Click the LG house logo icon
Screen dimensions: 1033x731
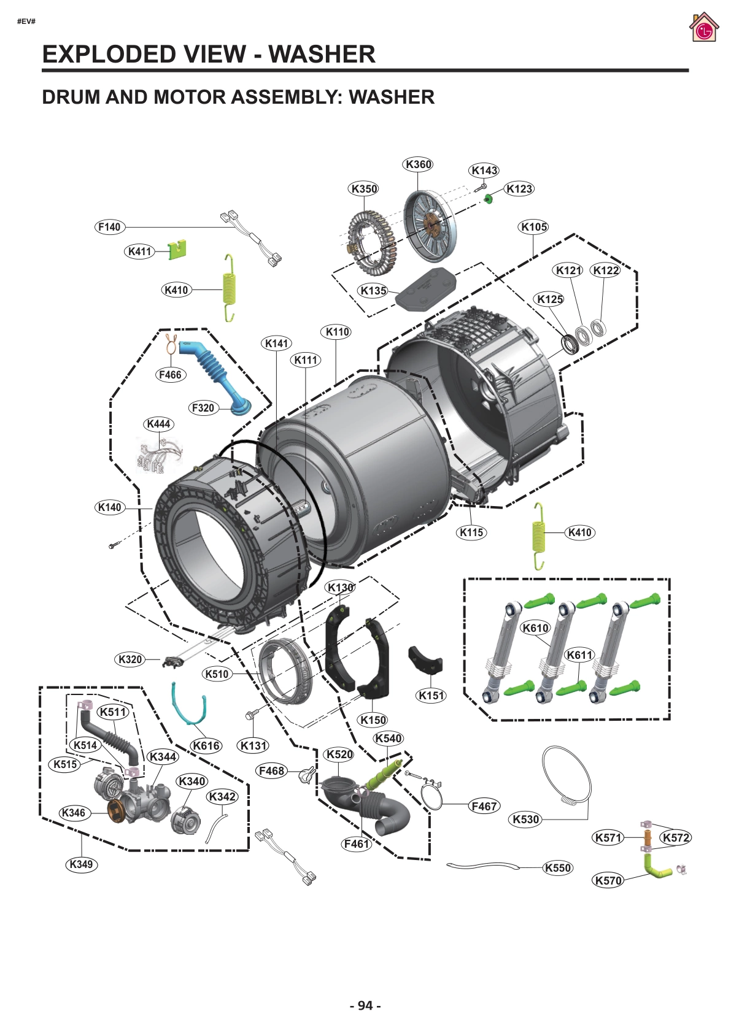(703, 28)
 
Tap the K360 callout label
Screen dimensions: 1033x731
(418, 164)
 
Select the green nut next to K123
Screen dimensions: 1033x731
(489, 198)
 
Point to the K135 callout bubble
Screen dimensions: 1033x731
(373, 291)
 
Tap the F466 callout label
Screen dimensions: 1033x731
(170, 375)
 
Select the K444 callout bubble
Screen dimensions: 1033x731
(158, 424)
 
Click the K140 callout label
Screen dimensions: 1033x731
(110, 507)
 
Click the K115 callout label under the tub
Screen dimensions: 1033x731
(471, 532)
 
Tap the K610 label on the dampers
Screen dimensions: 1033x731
(535, 628)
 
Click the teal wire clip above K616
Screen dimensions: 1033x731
(188, 705)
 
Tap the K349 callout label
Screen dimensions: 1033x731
(81, 864)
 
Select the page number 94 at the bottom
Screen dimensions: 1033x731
(365, 1005)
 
